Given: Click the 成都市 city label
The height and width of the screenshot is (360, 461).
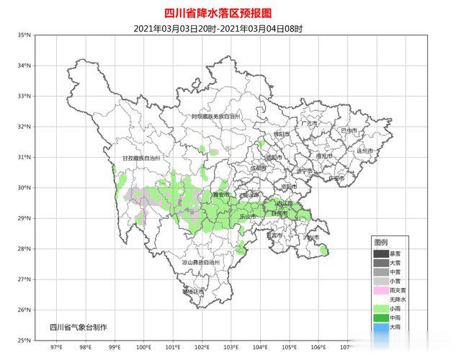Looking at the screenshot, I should point(259,168).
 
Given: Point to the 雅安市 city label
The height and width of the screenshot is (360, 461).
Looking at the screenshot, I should point(220,194).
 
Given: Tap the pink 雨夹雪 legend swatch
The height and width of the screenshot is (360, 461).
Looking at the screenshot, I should point(380,290).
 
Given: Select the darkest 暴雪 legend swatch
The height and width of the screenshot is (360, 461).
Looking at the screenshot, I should point(380,253).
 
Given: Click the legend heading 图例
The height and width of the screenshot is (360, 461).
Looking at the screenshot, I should point(380,241).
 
